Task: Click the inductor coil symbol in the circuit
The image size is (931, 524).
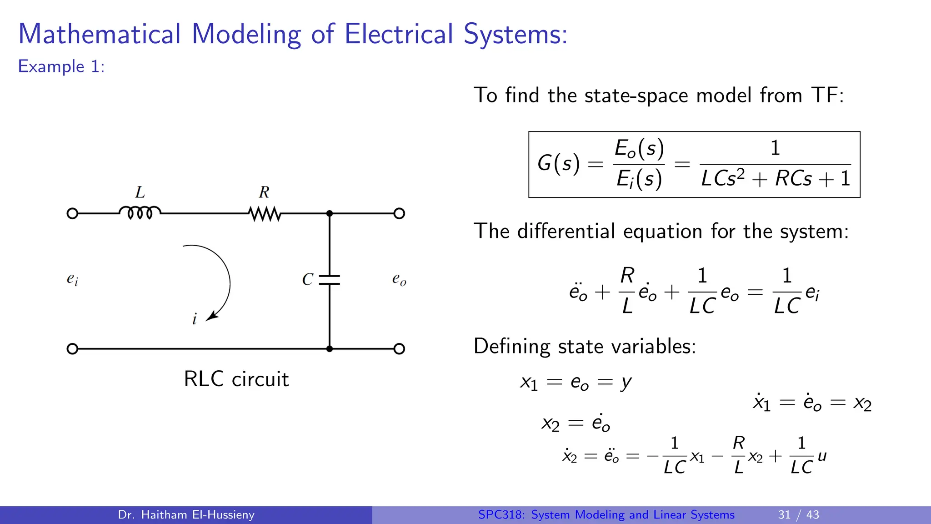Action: (x=140, y=212)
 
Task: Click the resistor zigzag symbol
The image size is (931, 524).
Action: (x=265, y=213)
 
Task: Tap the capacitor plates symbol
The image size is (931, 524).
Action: (x=330, y=280)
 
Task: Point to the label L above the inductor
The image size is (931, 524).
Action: (x=140, y=192)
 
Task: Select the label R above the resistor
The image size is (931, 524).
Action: (x=264, y=192)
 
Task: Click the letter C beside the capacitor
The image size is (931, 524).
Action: (x=308, y=279)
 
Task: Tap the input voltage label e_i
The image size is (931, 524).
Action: (x=72, y=279)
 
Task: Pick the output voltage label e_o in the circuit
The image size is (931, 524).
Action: (x=399, y=279)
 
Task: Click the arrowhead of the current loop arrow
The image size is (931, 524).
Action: (x=211, y=317)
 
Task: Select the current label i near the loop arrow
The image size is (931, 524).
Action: (x=195, y=319)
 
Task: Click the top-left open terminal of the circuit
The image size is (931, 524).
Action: (x=72, y=213)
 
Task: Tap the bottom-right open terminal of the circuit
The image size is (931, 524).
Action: (x=399, y=349)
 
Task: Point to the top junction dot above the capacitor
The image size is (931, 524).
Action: (x=330, y=213)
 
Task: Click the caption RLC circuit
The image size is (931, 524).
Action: (x=236, y=379)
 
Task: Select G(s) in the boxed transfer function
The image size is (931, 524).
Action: (x=559, y=163)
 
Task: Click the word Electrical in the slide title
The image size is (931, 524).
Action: (x=399, y=34)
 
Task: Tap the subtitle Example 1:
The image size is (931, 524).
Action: (x=61, y=66)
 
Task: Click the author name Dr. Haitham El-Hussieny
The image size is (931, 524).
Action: (x=186, y=514)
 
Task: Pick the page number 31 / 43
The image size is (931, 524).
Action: (x=798, y=514)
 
